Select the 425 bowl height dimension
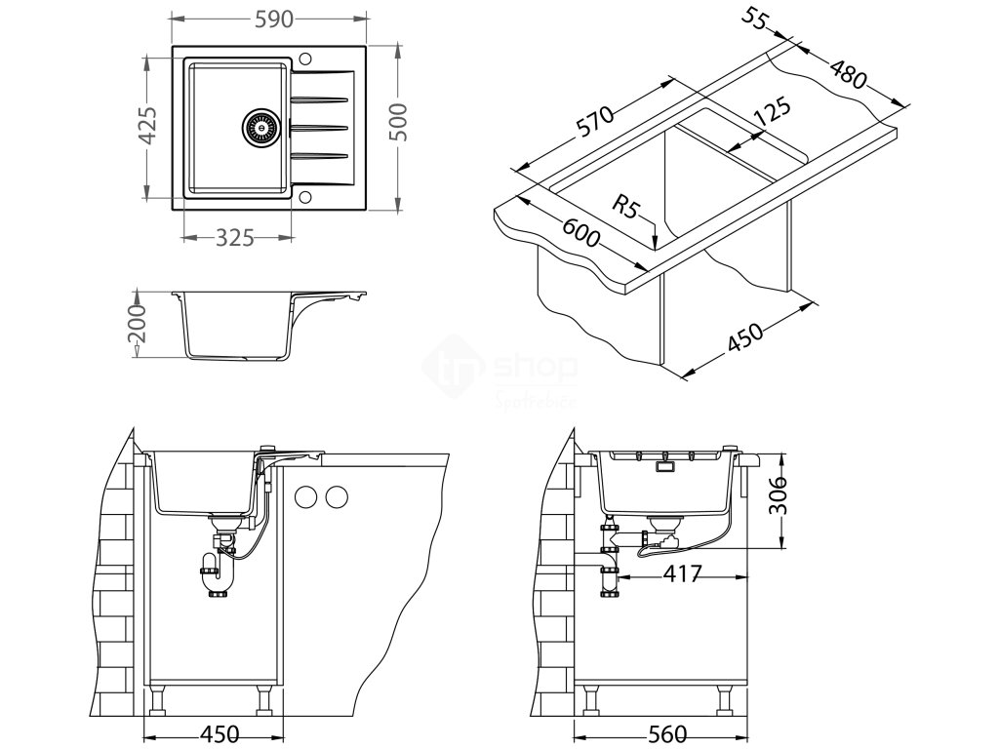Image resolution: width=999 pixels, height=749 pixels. (147, 126)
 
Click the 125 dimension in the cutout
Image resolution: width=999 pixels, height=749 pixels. (770, 111)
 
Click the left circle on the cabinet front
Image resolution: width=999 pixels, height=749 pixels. (306, 496)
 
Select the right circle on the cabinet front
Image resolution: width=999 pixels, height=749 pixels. (336, 496)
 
